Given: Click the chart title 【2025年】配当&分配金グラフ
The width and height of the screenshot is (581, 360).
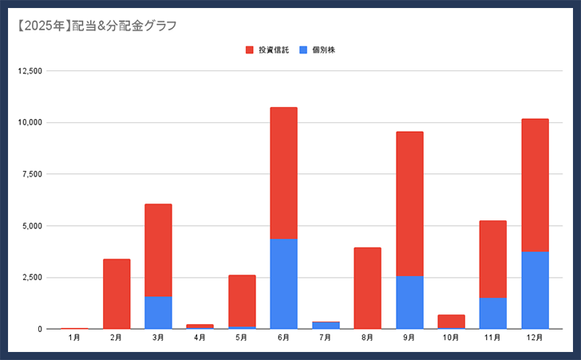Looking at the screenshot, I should click(x=97, y=26).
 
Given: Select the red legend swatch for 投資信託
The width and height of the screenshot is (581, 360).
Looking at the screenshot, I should click(x=250, y=50).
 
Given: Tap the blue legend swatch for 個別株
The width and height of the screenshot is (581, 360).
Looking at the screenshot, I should click(x=303, y=50).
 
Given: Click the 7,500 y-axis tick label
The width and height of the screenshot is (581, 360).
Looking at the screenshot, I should click(x=32, y=174).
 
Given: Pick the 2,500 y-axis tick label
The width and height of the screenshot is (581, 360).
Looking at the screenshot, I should click(x=32, y=277).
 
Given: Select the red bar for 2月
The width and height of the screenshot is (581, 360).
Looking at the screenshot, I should click(x=117, y=294).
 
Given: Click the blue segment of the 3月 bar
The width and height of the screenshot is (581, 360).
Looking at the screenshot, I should click(x=158, y=312).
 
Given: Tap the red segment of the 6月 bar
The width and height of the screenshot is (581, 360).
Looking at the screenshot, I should click(x=283, y=173).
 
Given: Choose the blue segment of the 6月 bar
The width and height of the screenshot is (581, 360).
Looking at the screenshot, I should click(x=283, y=283).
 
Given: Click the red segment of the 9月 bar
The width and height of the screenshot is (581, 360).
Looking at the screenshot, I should click(x=409, y=204).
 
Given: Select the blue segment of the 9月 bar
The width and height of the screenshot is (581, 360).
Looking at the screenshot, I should click(x=409, y=302).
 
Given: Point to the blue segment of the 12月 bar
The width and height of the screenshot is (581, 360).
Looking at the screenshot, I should click(x=535, y=290).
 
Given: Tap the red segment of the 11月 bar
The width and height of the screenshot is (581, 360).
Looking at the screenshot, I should click(x=492, y=259).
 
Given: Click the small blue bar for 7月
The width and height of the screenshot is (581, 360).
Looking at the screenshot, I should click(x=326, y=325).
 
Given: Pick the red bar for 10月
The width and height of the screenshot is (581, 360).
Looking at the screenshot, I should click(x=451, y=321).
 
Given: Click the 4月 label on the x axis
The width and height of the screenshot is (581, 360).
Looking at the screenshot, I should click(x=200, y=338).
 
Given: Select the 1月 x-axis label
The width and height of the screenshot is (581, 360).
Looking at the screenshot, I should click(x=74, y=338).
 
